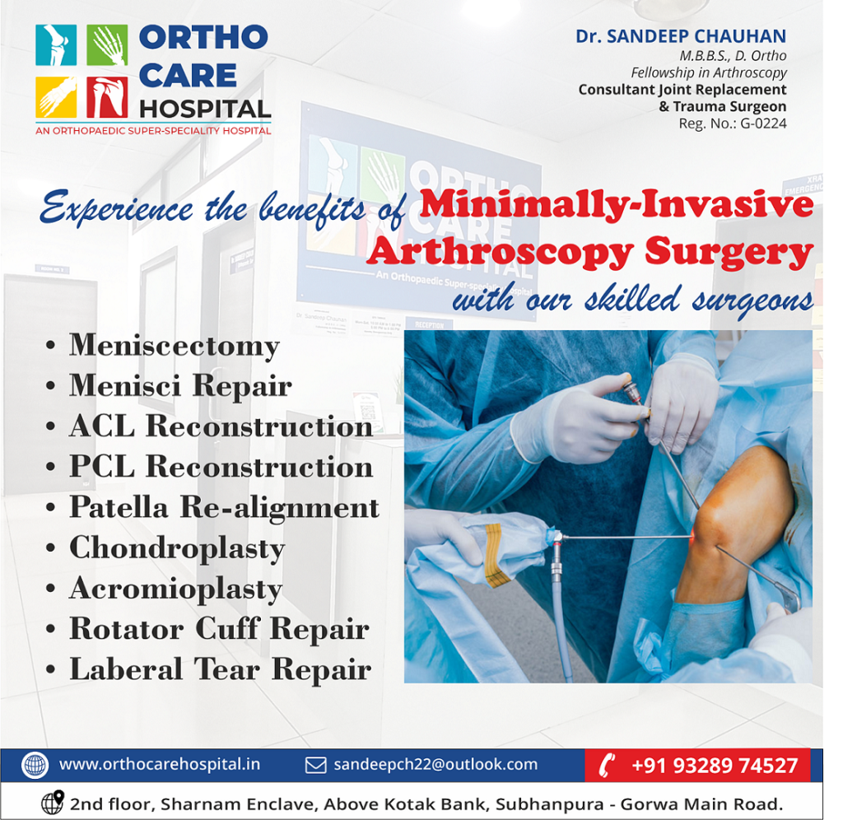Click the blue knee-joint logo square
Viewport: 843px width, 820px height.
coord(56,45)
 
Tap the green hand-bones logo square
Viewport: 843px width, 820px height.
coord(107,45)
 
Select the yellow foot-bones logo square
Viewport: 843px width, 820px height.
coord(56,97)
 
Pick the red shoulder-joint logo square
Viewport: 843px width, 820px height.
coord(107,97)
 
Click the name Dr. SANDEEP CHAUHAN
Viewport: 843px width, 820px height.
coord(681,36)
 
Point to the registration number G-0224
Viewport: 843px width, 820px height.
coord(763,123)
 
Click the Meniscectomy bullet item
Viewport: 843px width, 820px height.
coord(175,345)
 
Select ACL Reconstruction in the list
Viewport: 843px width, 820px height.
coord(221,426)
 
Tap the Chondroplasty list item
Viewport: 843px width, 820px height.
coord(177,548)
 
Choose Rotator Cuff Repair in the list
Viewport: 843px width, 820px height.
coord(219,628)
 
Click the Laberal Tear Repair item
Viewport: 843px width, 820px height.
coord(221,669)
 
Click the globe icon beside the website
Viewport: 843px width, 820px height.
coord(35,765)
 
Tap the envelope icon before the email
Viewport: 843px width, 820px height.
coord(315,765)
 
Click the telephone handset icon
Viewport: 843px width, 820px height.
coord(608,765)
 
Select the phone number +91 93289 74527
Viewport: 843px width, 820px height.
coord(715,765)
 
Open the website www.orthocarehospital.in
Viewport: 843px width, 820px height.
coord(160,765)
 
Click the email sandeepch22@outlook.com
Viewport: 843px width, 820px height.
coord(435,764)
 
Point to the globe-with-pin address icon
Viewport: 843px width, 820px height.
coord(53,802)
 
